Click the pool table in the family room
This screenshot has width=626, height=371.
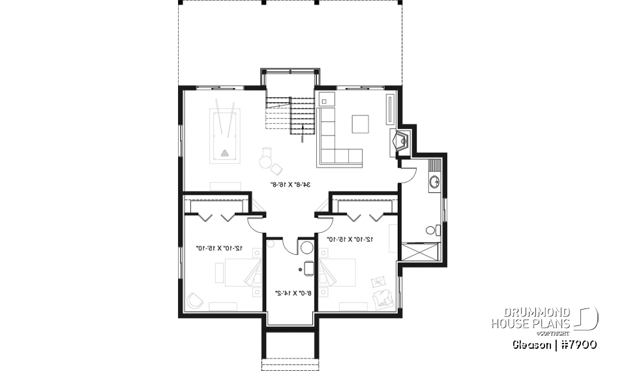point(224,136)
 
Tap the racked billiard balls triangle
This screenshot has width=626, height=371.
point(225,154)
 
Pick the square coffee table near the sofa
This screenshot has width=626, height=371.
point(360,123)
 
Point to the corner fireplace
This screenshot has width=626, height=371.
point(398,141)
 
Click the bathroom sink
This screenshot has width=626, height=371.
point(434,181)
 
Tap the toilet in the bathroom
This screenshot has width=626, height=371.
point(431,230)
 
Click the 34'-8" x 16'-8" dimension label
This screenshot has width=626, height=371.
point(290,185)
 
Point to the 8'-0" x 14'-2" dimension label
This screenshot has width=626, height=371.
point(291,293)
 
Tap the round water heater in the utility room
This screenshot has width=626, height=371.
point(306,248)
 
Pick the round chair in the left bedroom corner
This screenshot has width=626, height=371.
point(194,301)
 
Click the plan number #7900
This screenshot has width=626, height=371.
point(576,344)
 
